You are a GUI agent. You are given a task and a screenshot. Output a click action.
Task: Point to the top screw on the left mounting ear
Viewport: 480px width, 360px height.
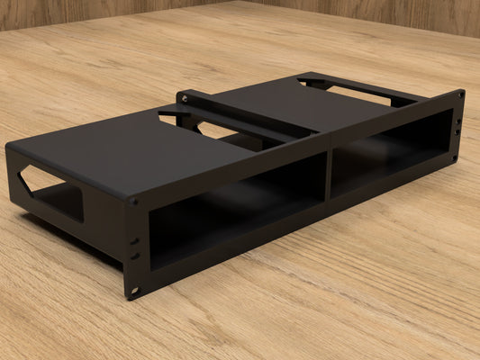coord(133,202)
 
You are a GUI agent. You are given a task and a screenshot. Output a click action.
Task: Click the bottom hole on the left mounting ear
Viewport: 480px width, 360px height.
coord(135,291)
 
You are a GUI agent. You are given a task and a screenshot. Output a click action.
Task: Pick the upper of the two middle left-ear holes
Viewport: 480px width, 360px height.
coord(135,241)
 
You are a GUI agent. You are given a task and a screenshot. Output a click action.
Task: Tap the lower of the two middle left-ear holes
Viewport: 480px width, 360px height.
coord(135,256)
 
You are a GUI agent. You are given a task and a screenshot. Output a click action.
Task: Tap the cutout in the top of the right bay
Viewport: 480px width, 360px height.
coord(356,89)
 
